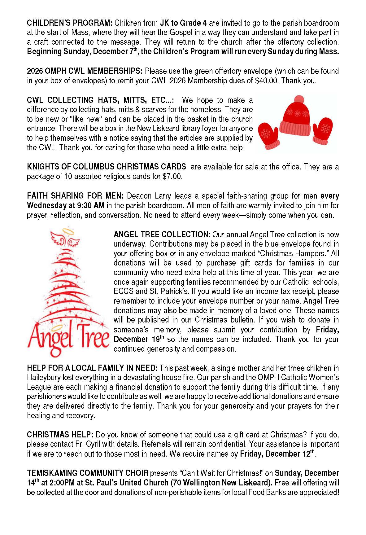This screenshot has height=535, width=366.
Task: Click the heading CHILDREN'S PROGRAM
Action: pyautogui.click(x=69, y=23)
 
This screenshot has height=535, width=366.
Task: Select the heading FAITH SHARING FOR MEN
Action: pyautogui.click(x=75, y=196)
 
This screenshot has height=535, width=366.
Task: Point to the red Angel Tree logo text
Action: pyautogui.click(x=68, y=338)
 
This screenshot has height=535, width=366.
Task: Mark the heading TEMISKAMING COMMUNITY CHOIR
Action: pyautogui.click(x=88, y=473)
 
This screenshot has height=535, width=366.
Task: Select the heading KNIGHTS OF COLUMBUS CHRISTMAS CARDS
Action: pyautogui.click(x=106, y=167)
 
